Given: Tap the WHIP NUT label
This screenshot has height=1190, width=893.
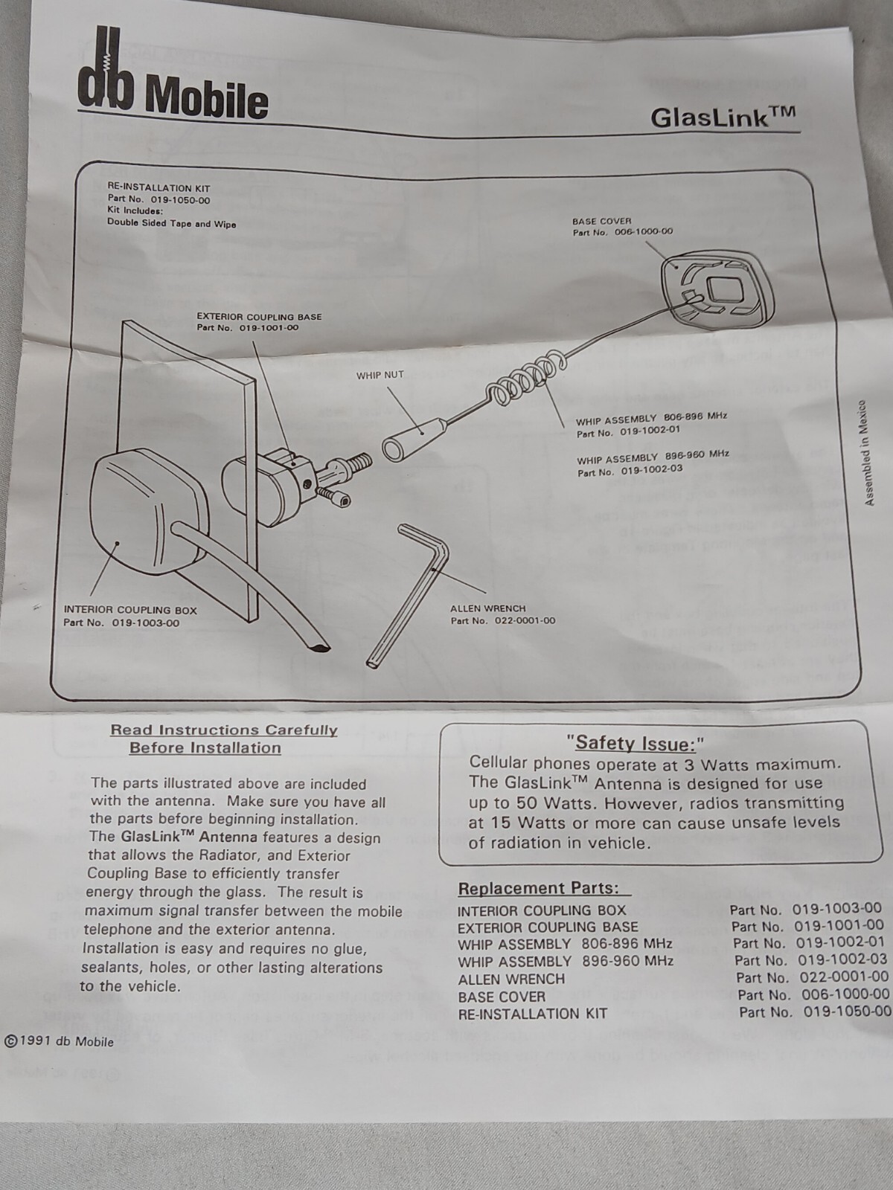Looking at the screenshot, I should coord(380,375).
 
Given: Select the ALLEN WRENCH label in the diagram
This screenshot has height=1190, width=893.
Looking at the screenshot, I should coord(487,608).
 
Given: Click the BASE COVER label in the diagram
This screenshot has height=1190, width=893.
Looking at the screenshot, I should coord(601,221).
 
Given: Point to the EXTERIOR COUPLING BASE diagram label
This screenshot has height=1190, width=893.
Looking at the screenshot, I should coord(259,316).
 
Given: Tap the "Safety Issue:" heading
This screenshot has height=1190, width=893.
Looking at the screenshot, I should coord(635,742).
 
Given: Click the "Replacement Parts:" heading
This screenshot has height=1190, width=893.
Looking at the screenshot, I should coord(538,889).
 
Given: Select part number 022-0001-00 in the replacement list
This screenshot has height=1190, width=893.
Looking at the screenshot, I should coord(842,977).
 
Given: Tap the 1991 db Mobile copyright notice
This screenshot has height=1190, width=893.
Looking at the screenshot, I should coord(60,1042).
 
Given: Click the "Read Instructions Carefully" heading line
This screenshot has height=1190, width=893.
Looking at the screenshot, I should coord(224,730).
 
